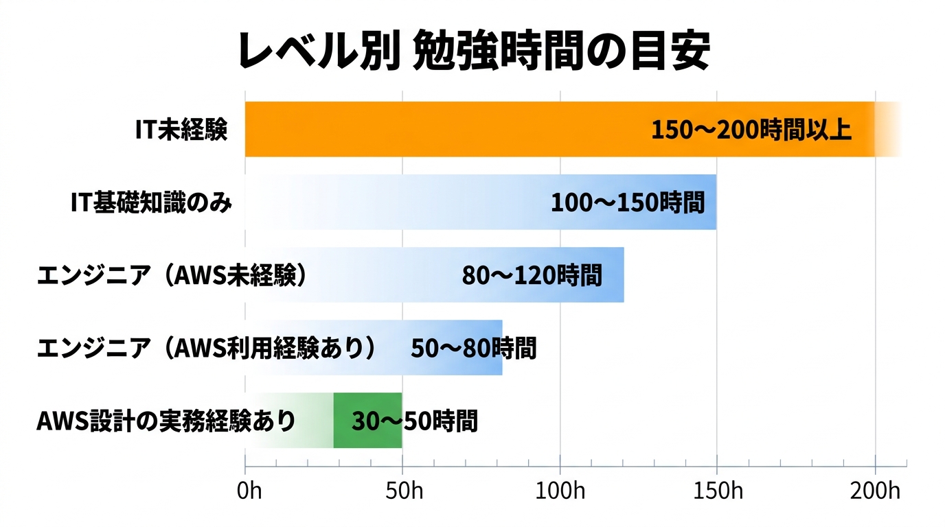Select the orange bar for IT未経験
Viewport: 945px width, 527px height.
pyautogui.click(x=446, y=130)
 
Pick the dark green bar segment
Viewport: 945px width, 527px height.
pyautogui.click(x=367, y=421)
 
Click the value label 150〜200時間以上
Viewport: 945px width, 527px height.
pyautogui.click(x=751, y=130)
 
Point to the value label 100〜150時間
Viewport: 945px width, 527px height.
pyautogui.click(x=628, y=202)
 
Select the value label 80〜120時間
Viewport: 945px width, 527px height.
pyautogui.click(x=532, y=275)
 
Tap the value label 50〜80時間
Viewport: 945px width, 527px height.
pyautogui.click(x=473, y=348)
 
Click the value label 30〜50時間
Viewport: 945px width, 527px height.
pyautogui.click(x=414, y=421)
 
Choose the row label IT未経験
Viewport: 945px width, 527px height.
pyautogui.click(x=181, y=130)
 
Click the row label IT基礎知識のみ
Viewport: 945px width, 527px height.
pyautogui.click(x=151, y=202)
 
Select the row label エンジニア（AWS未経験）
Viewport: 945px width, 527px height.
pyautogui.click(x=171, y=275)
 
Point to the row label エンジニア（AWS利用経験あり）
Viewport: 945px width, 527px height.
pyautogui.click(x=207, y=348)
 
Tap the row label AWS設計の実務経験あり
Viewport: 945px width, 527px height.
pyautogui.click(x=166, y=421)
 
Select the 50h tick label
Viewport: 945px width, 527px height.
pyautogui.click(x=402, y=492)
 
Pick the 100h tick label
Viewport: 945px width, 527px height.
pyautogui.click(x=560, y=492)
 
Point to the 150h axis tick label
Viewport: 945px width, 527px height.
pyautogui.click(x=717, y=492)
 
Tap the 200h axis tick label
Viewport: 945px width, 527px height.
pyautogui.click(x=874, y=492)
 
